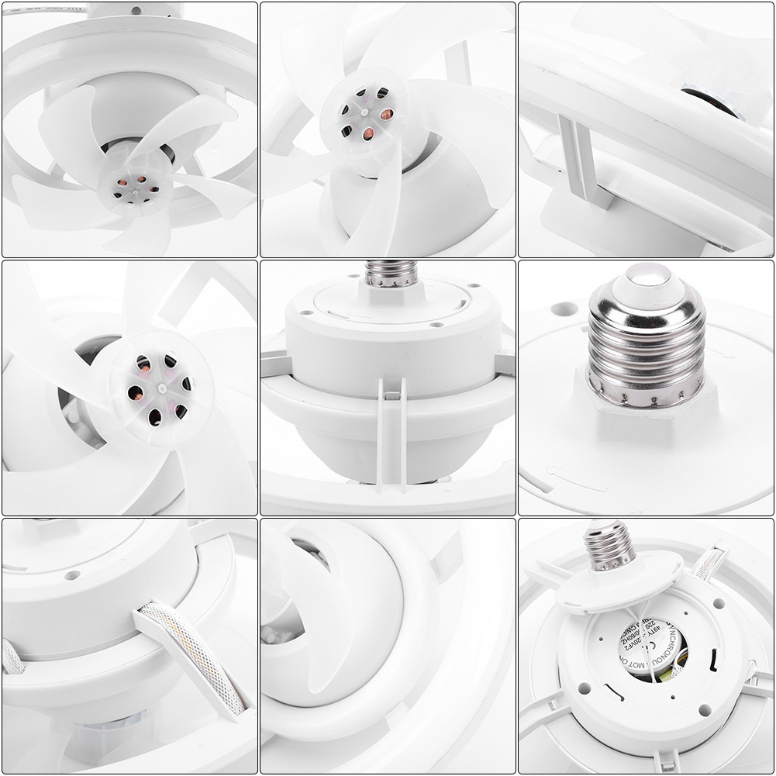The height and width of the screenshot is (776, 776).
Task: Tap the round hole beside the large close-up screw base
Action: click(564, 309)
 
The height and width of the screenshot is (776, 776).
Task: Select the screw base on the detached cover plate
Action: click(609, 542)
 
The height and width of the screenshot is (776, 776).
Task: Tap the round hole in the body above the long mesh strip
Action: click(72, 576)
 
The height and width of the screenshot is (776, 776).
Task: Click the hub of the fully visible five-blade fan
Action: click(136, 185)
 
